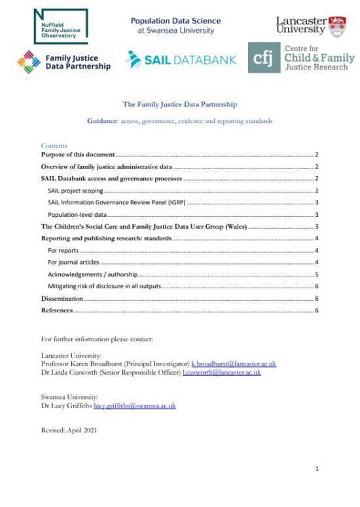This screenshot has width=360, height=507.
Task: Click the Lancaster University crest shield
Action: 337,26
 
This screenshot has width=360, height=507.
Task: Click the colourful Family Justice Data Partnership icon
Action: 29,62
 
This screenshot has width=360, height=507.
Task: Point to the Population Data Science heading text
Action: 175,21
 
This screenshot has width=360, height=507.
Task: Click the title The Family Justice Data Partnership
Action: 180,104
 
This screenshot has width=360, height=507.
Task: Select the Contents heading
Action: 54,145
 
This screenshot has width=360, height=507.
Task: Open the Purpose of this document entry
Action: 78,155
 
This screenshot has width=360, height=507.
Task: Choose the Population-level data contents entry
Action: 77,215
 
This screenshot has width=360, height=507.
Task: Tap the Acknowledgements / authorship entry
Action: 92,274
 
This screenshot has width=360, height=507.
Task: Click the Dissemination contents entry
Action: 62,298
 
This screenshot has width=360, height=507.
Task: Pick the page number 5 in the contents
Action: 316,274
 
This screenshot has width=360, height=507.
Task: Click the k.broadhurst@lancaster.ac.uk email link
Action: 233,363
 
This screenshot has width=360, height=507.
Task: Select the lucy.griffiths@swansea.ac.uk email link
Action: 134,405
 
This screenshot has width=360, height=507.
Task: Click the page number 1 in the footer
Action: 317,469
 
